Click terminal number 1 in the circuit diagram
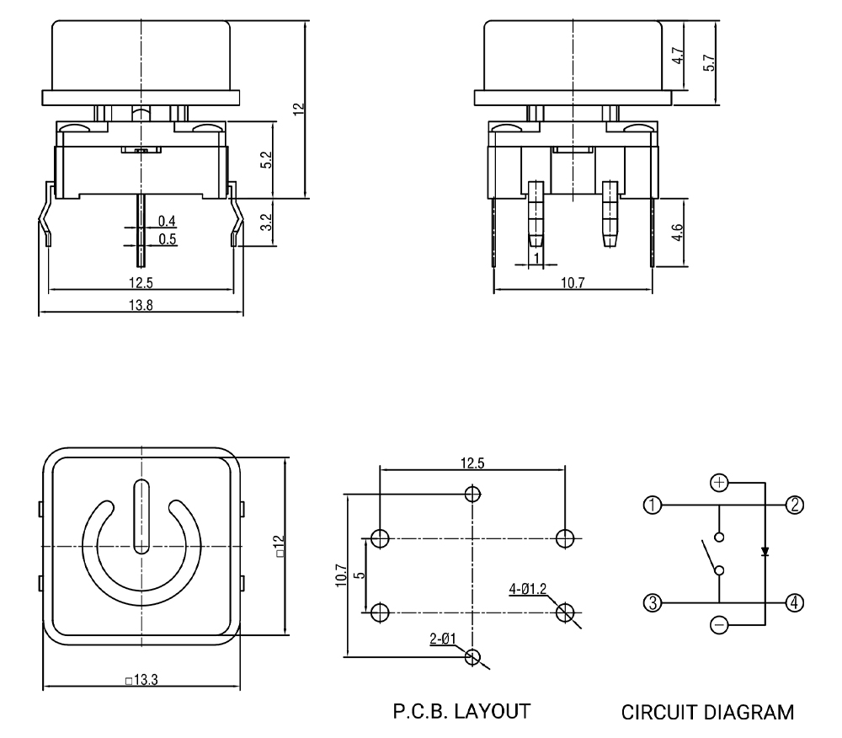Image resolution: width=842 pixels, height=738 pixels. (650, 505)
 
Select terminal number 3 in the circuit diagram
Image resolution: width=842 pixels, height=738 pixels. (650, 602)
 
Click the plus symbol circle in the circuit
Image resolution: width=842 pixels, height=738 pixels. (719, 483)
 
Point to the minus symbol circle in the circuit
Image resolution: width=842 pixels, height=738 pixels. (719, 626)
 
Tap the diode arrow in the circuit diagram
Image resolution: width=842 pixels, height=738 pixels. (765, 553)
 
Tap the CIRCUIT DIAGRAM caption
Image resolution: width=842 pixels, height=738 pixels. (707, 713)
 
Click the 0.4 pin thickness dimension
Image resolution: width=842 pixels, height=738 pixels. (167, 221)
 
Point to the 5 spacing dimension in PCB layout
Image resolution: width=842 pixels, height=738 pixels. (360, 575)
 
